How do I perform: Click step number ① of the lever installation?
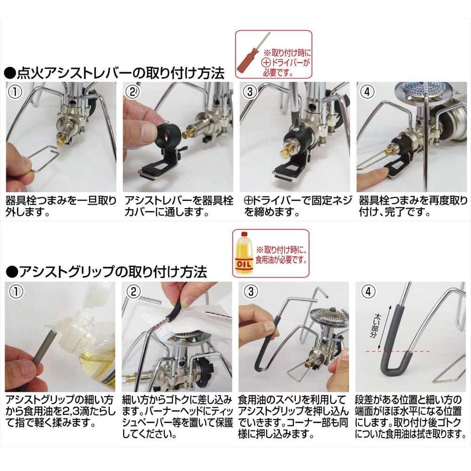[x=15, y=91]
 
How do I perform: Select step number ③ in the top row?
[x=250, y=92]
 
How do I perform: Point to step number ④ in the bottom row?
[x=368, y=292]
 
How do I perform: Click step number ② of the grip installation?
[x=133, y=292]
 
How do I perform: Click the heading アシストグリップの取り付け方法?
[x=106, y=272]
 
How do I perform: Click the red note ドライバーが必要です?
[x=287, y=63]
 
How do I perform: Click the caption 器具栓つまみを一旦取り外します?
[x=61, y=206]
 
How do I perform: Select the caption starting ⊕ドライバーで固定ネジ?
[x=298, y=206]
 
